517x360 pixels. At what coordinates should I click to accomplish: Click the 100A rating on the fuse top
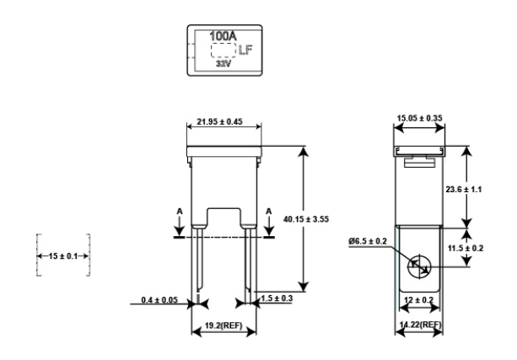click(x=223, y=36)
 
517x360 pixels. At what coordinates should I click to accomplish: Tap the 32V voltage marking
click(x=223, y=63)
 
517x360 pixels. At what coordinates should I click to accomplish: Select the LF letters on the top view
click(x=245, y=50)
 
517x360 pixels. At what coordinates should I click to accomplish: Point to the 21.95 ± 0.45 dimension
click(x=219, y=121)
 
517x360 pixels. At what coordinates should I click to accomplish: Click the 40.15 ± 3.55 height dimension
click(x=306, y=219)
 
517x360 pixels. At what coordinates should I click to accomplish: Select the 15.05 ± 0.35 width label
click(x=419, y=118)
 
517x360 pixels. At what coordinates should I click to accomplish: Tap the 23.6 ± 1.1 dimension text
click(x=464, y=190)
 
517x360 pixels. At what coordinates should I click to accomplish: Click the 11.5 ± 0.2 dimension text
click(x=466, y=248)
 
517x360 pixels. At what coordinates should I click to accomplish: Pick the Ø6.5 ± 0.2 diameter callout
click(x=368, y=241)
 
